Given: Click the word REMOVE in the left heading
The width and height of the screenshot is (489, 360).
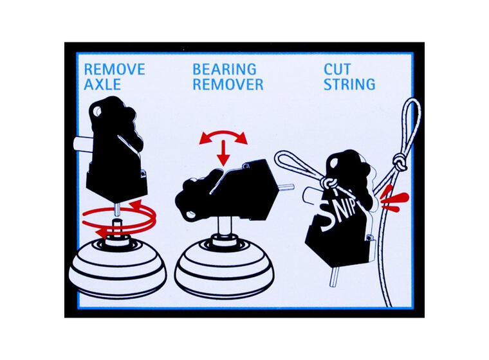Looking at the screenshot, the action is [x=115, y=69].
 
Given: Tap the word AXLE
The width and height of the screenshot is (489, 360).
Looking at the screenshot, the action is [x=102, y=84].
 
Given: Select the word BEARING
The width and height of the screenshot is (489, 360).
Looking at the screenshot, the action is [x=224, y=69].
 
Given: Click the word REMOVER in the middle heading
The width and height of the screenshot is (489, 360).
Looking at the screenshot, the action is [x=228, y=84].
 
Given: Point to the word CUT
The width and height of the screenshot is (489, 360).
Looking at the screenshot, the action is [x=337, y=69].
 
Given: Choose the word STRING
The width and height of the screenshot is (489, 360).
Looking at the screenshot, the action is [x=349, y=84].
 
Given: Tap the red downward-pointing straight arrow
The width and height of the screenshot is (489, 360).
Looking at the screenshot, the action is [x=223, y=153].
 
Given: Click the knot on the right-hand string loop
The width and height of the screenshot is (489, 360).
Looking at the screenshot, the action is [x=400, y=163].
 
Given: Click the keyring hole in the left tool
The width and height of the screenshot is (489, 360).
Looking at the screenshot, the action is [x=97, y=111].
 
